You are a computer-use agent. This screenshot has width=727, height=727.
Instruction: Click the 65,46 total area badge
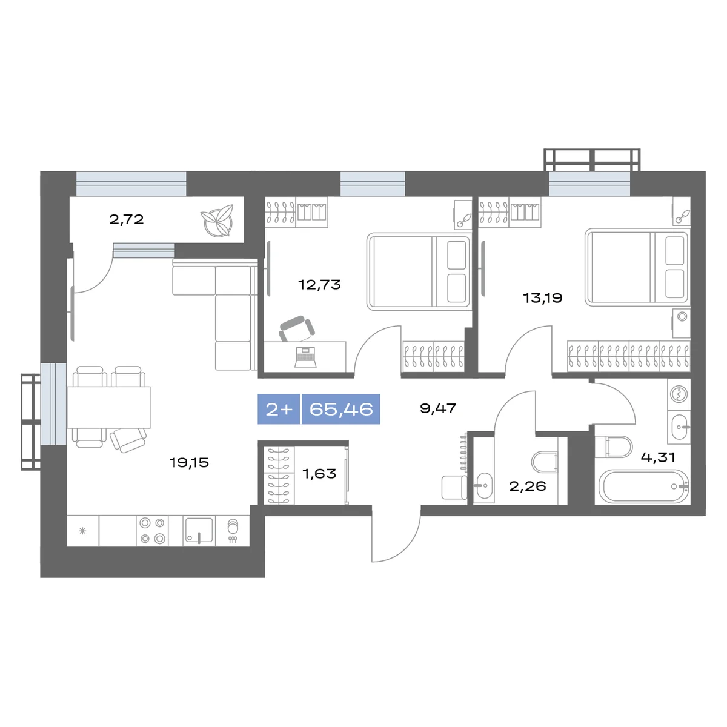[340, 409]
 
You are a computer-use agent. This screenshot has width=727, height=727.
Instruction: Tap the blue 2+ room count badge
[279, 409]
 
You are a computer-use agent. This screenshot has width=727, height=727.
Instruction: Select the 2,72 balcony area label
[127, 219]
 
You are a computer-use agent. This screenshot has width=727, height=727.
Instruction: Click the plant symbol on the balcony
[217, 221]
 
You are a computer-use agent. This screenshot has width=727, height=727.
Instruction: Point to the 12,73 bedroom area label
[319, 285]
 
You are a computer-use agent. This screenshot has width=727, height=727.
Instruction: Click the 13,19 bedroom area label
[542, 298]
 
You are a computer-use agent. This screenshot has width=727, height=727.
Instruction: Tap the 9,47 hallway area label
[438, 408]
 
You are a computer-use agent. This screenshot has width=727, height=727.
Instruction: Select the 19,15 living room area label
[189, 462]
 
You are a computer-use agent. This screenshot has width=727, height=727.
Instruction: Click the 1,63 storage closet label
[319, 473]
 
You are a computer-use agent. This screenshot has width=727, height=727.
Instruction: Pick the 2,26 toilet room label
[528, 486]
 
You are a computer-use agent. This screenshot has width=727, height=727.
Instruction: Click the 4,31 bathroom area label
[658, 457]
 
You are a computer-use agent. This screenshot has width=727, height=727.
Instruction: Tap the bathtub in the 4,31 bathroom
[644, 486]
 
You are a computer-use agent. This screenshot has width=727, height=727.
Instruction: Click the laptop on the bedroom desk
[305, 357]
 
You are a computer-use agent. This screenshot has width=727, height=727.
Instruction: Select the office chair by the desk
[297, 328]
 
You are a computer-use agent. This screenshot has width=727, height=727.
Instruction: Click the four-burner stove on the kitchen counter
[153, 531]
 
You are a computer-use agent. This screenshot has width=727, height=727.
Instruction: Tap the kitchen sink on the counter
[199, 531]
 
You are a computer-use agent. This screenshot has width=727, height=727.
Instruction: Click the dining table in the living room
[108, 408]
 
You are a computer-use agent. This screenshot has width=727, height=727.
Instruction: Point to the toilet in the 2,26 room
[545, 461]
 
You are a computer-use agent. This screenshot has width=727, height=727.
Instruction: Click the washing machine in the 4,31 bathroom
[679, 394]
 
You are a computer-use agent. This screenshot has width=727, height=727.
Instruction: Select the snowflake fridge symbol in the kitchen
[82, 531]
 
